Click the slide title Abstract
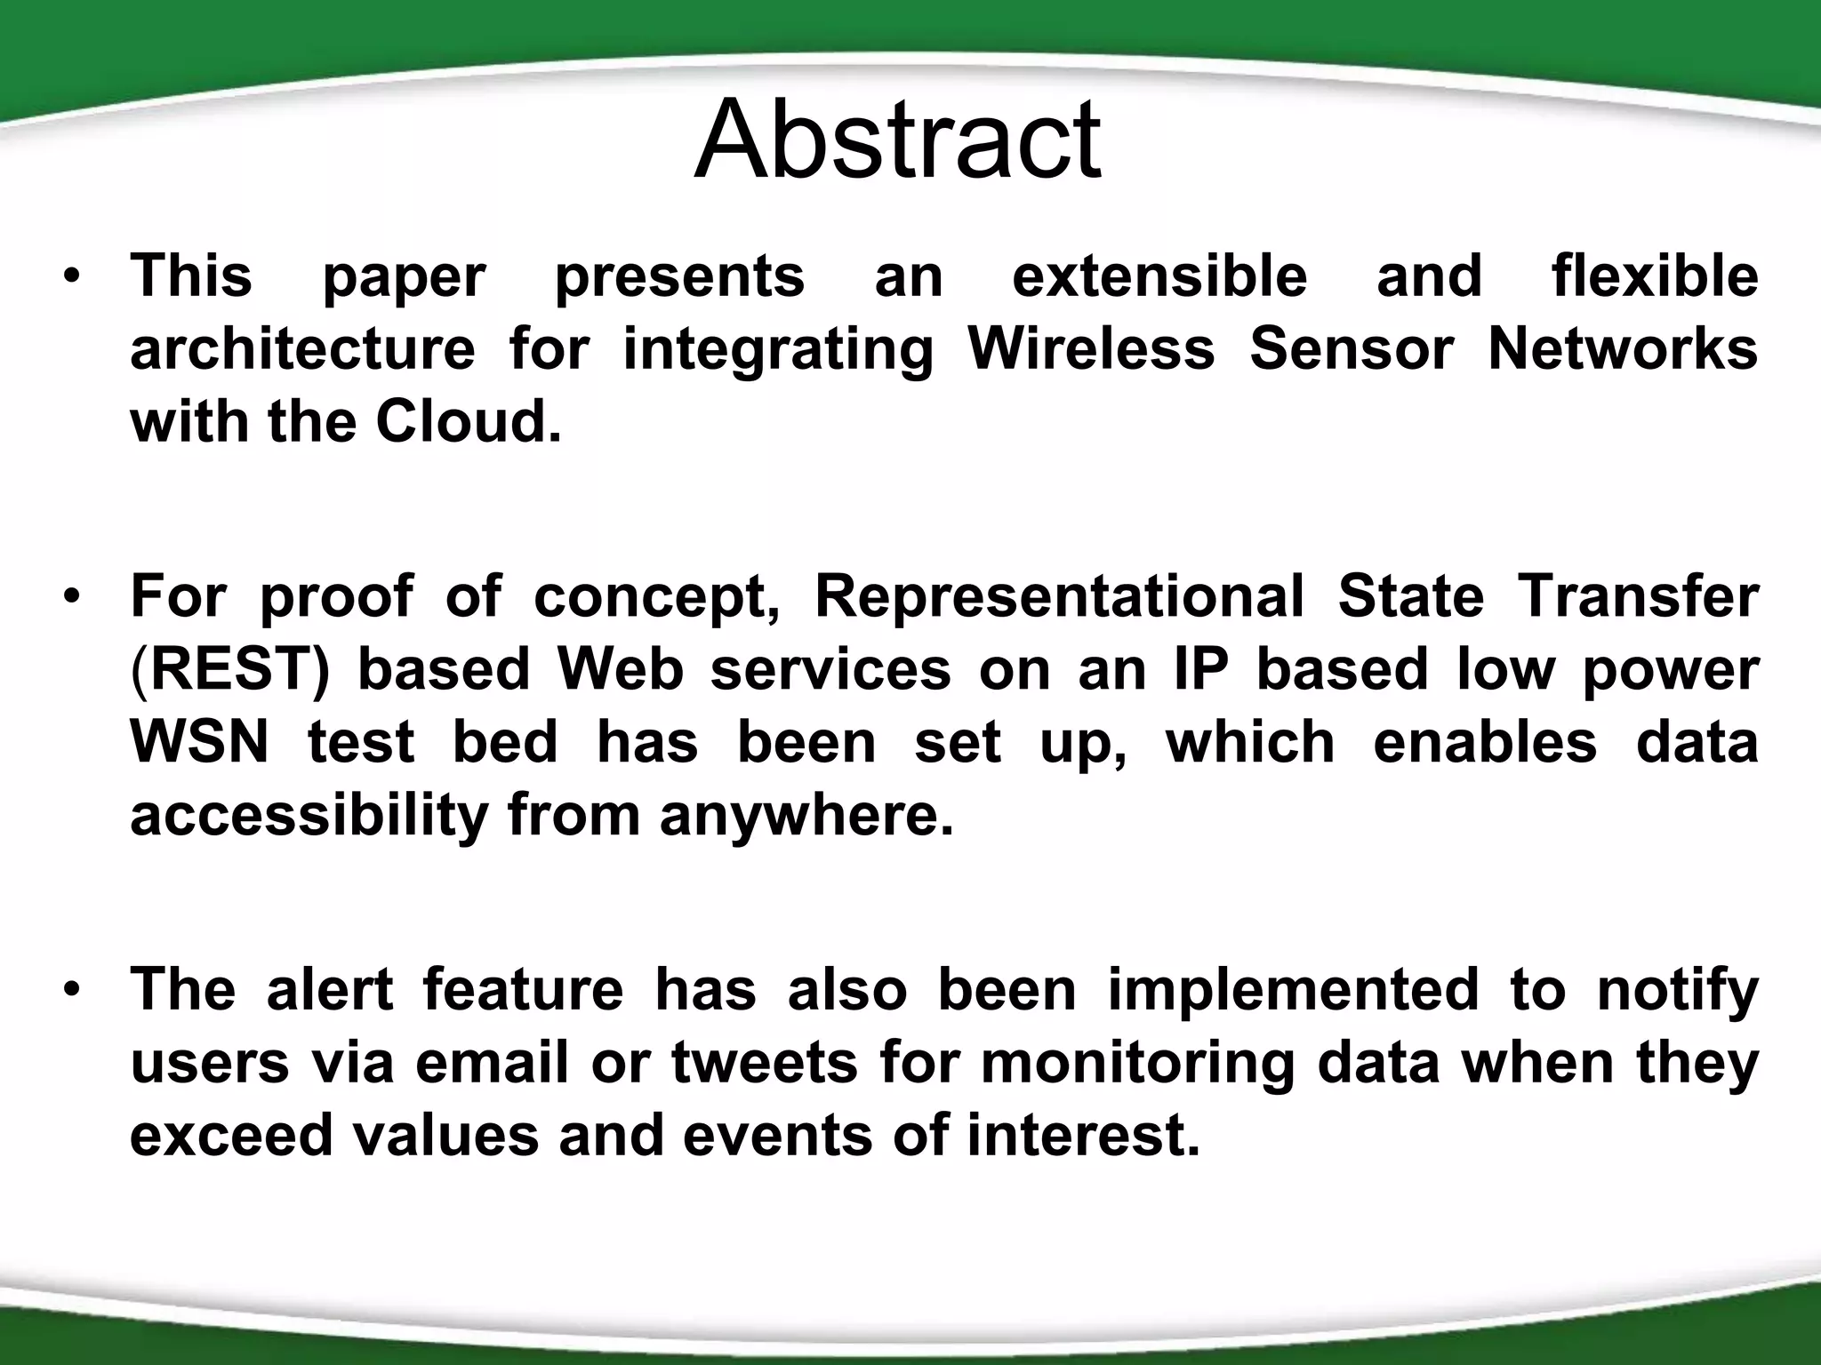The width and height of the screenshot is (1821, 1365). (x=898, y=140)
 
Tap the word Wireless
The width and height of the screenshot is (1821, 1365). (x=1091, y=348)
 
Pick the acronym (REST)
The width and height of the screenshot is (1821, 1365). (x=229, y=669)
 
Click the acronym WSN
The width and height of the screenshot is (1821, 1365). (x=199, y=742)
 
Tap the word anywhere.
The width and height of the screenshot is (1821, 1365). (x=806, y=816)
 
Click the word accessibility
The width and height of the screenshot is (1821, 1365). (x=309, y=816)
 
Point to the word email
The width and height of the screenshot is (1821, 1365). (x=491, y=1063)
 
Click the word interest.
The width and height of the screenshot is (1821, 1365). (x=1083, y=1136)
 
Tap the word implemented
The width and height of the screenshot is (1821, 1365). (x=1292, y=989)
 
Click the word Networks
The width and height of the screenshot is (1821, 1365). (x=1623, y=348)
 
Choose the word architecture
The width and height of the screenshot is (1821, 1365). (x=302, y=348)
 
